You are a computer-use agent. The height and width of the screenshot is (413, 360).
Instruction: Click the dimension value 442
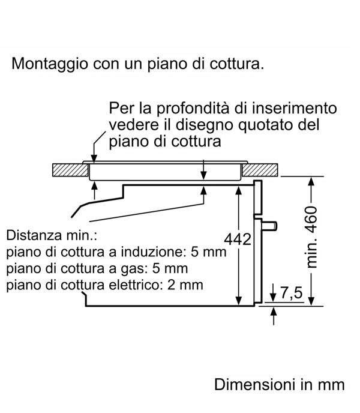[238, 239]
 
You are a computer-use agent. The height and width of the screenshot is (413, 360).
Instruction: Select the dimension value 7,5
[291, 292]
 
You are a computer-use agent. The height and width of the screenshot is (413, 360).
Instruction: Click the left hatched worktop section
[70, 170]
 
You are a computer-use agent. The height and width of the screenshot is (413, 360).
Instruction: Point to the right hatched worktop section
[260, 170]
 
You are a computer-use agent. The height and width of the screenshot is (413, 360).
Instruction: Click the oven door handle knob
[269, 226]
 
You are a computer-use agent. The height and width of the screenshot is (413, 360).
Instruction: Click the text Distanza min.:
[52, 235]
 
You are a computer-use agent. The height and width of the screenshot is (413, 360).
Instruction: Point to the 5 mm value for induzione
[208, 252]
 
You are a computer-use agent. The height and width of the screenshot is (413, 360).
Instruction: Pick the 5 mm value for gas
[170, 268]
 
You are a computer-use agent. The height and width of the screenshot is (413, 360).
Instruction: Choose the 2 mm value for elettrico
[185, 285]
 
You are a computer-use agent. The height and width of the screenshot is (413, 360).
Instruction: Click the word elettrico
[134, 285]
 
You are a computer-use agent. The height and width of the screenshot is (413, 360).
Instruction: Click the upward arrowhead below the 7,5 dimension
[274, 312]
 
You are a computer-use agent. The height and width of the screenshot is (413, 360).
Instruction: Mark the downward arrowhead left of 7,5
[273, 297]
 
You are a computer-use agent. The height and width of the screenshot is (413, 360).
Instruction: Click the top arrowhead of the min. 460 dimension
[311, 182]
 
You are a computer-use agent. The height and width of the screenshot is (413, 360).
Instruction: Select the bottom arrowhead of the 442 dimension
[239, 301]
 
